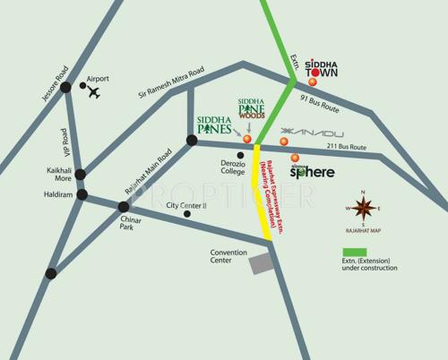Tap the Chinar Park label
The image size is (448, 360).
point(133,222)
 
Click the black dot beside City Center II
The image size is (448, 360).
point(187,213)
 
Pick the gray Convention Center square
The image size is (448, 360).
point(259,263)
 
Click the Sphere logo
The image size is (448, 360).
point(313,169)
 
